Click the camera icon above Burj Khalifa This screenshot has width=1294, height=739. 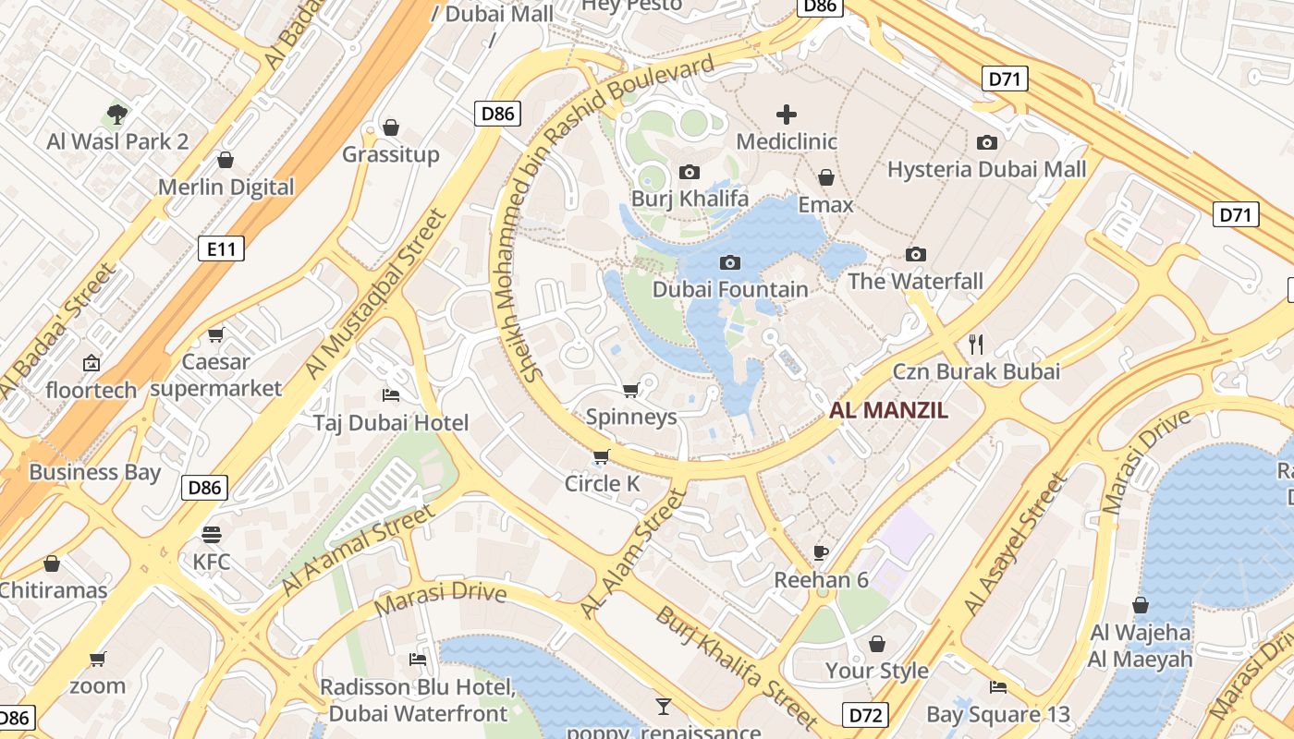[689, 172]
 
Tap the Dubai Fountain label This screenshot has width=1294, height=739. [730, 289]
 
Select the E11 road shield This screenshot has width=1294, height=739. [221, 248]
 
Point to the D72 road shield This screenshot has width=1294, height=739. [865, 714]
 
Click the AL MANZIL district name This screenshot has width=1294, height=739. [888, 411]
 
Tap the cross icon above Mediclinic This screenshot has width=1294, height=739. [787, 115]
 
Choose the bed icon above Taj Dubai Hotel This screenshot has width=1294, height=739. [391, 395]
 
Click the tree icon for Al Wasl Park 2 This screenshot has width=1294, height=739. [117, 115]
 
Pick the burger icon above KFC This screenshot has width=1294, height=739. [212, 535]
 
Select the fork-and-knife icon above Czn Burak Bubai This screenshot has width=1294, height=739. [976, 345]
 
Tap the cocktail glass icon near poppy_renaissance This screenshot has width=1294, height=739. [663, 707]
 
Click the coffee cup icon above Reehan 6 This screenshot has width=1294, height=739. [821, 552]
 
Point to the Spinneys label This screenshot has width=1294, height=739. [631, 417]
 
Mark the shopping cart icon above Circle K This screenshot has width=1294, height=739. [602, 456]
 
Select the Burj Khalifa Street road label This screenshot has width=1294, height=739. [736, 667]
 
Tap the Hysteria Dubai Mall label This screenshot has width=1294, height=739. [986, 170]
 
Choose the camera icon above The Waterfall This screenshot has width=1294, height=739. [916, 254]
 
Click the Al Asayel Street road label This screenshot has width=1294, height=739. [1015, 545]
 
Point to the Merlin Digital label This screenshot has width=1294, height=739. [226, 188]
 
